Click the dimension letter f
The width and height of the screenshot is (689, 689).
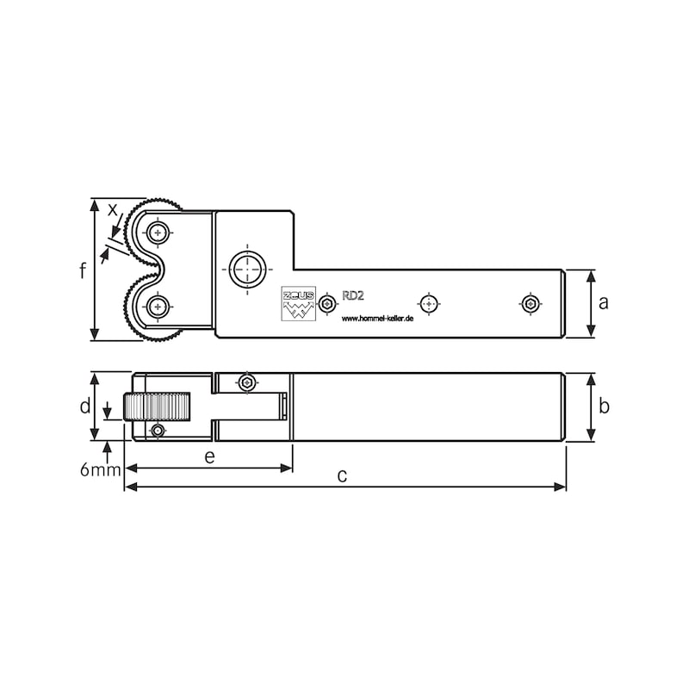(x=83, y=270)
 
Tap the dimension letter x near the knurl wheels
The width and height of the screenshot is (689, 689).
(x=113, y=209)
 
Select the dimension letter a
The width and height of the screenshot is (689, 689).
(x=604, y=302)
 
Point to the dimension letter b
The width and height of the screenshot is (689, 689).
(x=604, y=407)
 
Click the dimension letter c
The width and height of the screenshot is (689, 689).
(x=342, y=475)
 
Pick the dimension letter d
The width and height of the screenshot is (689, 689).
(x=84, y=406)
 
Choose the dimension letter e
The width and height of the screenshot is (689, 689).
(x=209, y=456)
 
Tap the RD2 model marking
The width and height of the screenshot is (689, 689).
(x=353, y=295)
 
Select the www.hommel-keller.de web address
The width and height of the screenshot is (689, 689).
(x=378, y=318)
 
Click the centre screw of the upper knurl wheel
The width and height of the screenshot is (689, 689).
(x=157, y=233)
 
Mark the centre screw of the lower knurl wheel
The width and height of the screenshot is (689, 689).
(x=157, y=306)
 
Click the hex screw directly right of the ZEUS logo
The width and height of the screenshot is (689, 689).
(x=326, y=304)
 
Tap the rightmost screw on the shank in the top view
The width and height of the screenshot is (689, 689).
(x=531, y=303)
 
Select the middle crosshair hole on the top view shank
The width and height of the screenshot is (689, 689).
(x=428, y=303)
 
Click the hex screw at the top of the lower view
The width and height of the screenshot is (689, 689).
(x=247, y=382)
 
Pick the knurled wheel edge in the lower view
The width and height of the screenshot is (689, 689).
(x=157, y=407)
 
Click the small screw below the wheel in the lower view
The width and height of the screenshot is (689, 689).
(x=158, y=431)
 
